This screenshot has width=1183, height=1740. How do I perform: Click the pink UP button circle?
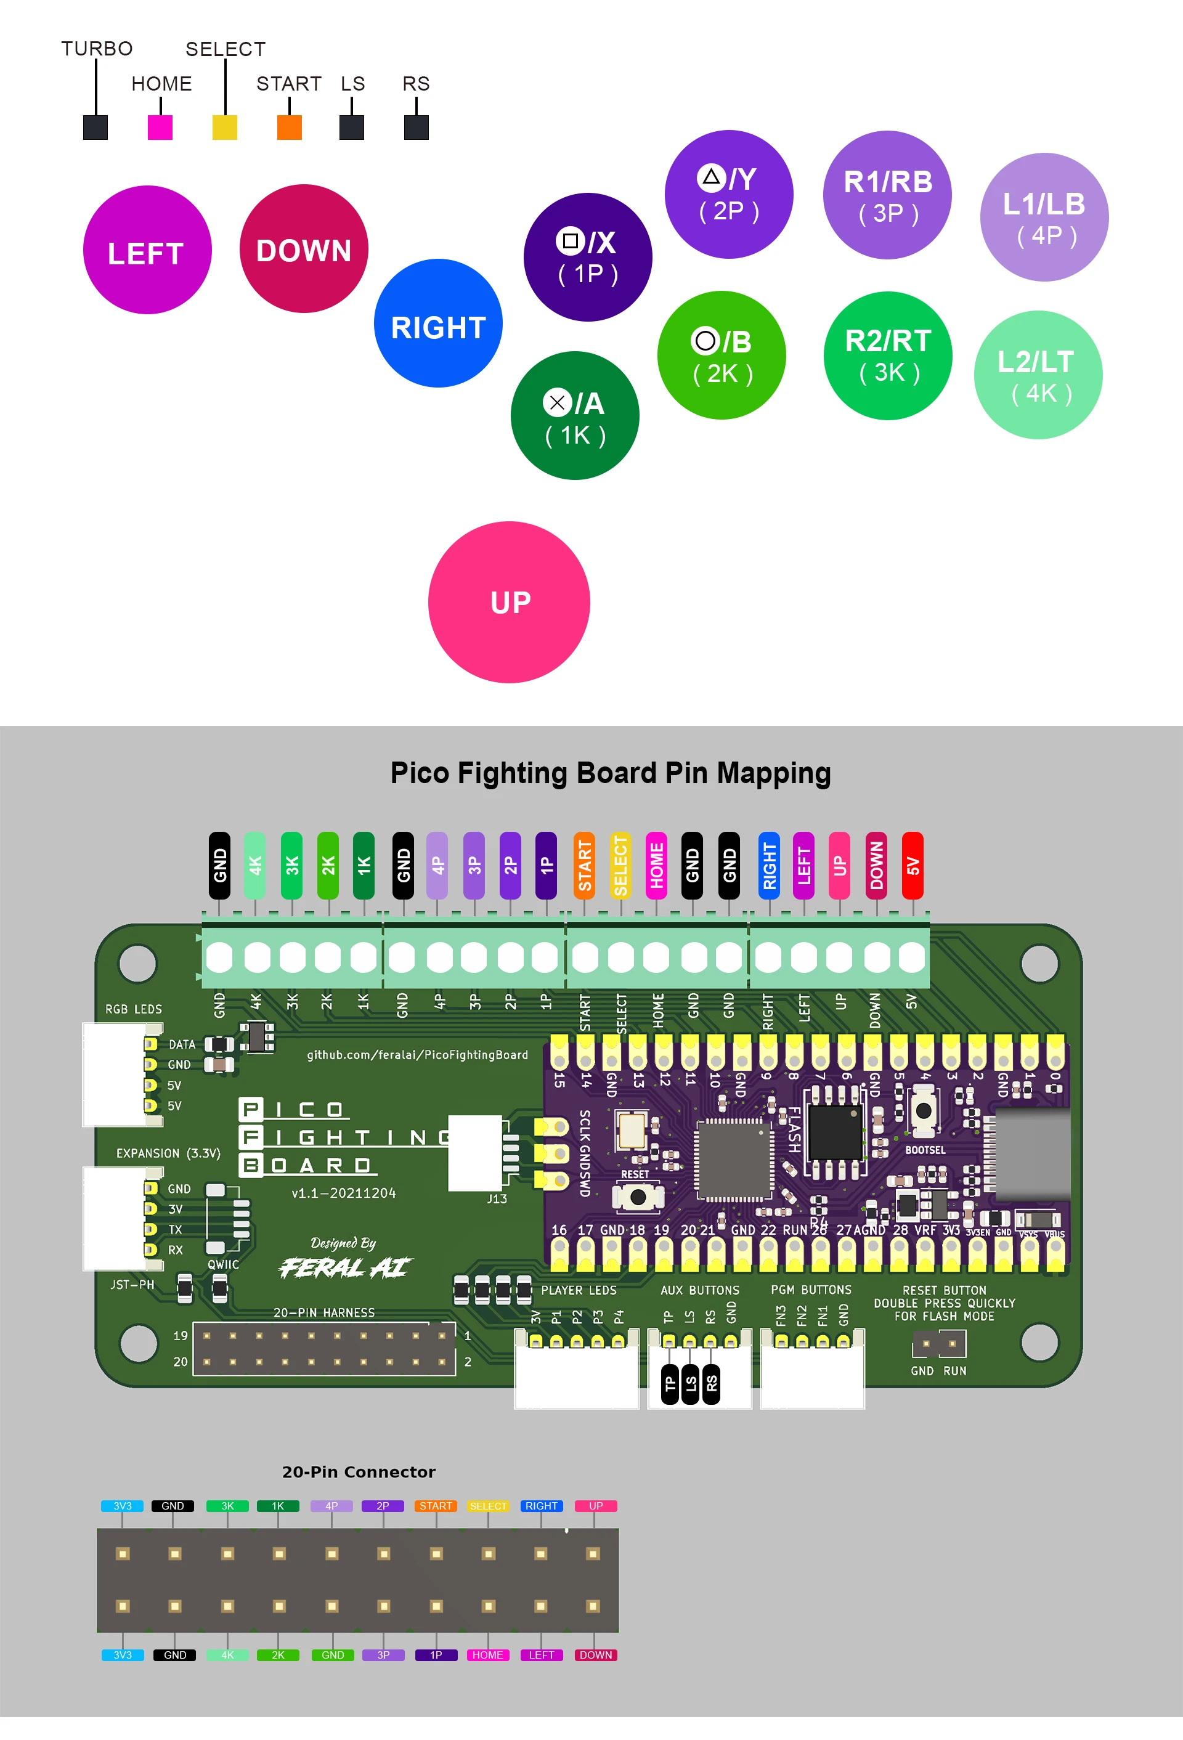point(509,602)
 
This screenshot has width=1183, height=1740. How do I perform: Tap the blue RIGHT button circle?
point(438,323)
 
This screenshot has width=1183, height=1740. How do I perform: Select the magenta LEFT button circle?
point(147,250)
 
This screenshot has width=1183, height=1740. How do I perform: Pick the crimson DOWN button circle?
point(303,248)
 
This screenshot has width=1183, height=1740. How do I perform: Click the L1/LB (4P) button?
point(1044,217)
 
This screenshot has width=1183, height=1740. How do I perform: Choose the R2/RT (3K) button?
point(887,356)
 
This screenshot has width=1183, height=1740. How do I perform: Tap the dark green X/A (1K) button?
point(574,415)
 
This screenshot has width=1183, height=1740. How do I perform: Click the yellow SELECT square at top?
point(225,128)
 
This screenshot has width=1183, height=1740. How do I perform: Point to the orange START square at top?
point(289,128)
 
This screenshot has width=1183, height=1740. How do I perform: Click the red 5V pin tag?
point(912,866)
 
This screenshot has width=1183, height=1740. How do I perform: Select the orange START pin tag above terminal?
point(584,866)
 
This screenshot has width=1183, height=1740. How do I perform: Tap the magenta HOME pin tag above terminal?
point(656,866)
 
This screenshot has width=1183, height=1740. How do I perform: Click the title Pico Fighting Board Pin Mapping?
point(610,773)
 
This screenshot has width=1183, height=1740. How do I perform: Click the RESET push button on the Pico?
point(637,1197)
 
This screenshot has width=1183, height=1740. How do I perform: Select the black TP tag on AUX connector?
point(670,1384)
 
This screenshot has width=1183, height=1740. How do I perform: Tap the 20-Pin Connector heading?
point(359,1472)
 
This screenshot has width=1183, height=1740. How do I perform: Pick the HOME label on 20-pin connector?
point(487,1654)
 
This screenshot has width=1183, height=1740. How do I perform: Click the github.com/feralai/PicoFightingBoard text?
point(417,1055)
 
